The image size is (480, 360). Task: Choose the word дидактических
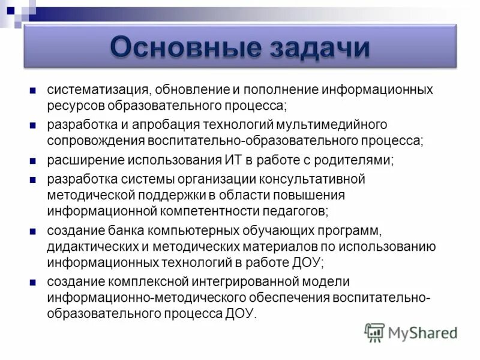[94, 247]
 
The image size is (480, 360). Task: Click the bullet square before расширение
[33, 161]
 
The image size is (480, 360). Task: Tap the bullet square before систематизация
[33, 91]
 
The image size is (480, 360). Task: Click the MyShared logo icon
[375, 331]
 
